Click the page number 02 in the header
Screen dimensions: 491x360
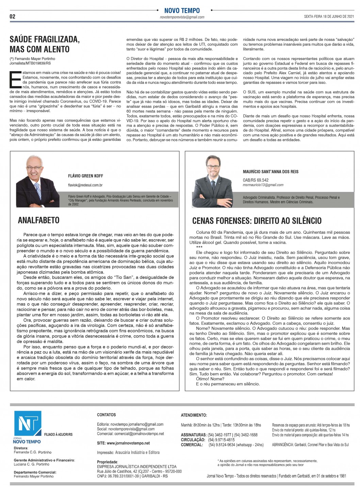(x=12, y=16)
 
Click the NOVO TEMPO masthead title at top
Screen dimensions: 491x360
(x=182, y=11)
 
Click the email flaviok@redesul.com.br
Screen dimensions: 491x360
(x=85, y=185)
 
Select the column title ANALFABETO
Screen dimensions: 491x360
(x=38, y=220)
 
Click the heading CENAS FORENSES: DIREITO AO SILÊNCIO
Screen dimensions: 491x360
(x=257, y=220)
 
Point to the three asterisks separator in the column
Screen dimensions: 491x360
(x=199, y=247)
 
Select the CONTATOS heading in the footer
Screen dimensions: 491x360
(x=106, y=415)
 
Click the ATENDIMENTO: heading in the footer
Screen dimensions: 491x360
(x=194, y=415)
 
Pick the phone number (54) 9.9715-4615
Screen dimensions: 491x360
(x=222, y=440)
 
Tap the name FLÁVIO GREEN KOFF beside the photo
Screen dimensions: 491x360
(x=85, y=176)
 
